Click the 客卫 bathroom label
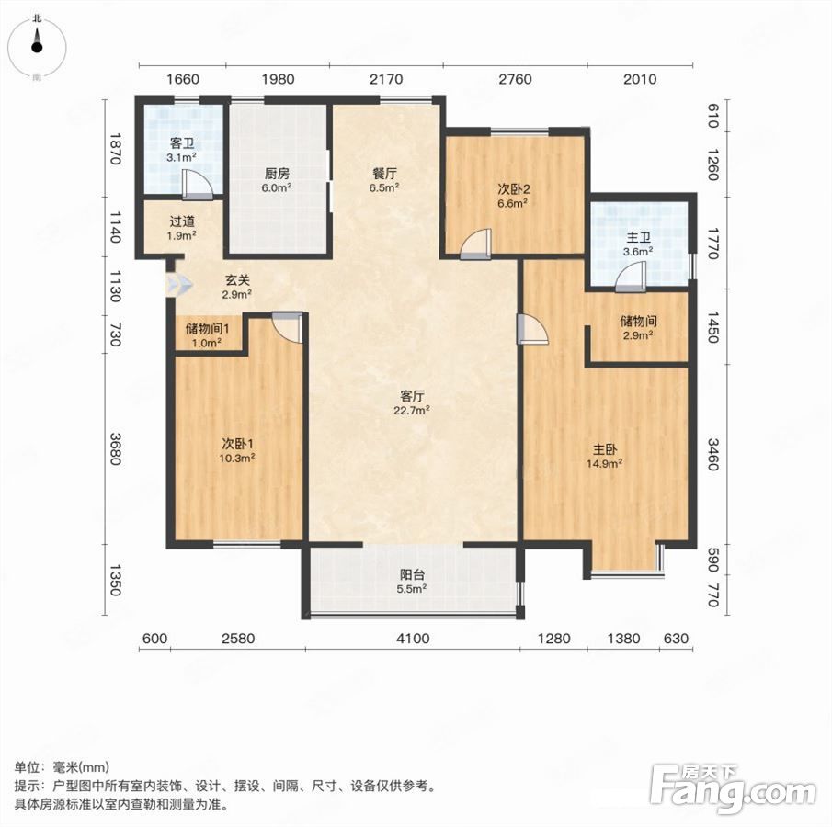[182, 143]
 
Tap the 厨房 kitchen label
[277, 174]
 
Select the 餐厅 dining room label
[384, 174]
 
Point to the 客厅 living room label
[412, 396]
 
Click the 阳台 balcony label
[412, 574]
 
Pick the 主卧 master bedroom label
[604, 449]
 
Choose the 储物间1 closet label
[207, 329]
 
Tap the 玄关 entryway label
[236, 280]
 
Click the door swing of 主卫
[631, 276]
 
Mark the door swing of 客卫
[198, 185]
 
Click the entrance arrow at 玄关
[177, 285]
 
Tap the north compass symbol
[37, 47]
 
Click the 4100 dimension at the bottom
[413, 638]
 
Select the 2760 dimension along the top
[515, 79]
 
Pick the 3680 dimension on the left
[116, 448]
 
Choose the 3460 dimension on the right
[713, 455]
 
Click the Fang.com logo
[734, 788]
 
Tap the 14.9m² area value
[604, 464]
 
